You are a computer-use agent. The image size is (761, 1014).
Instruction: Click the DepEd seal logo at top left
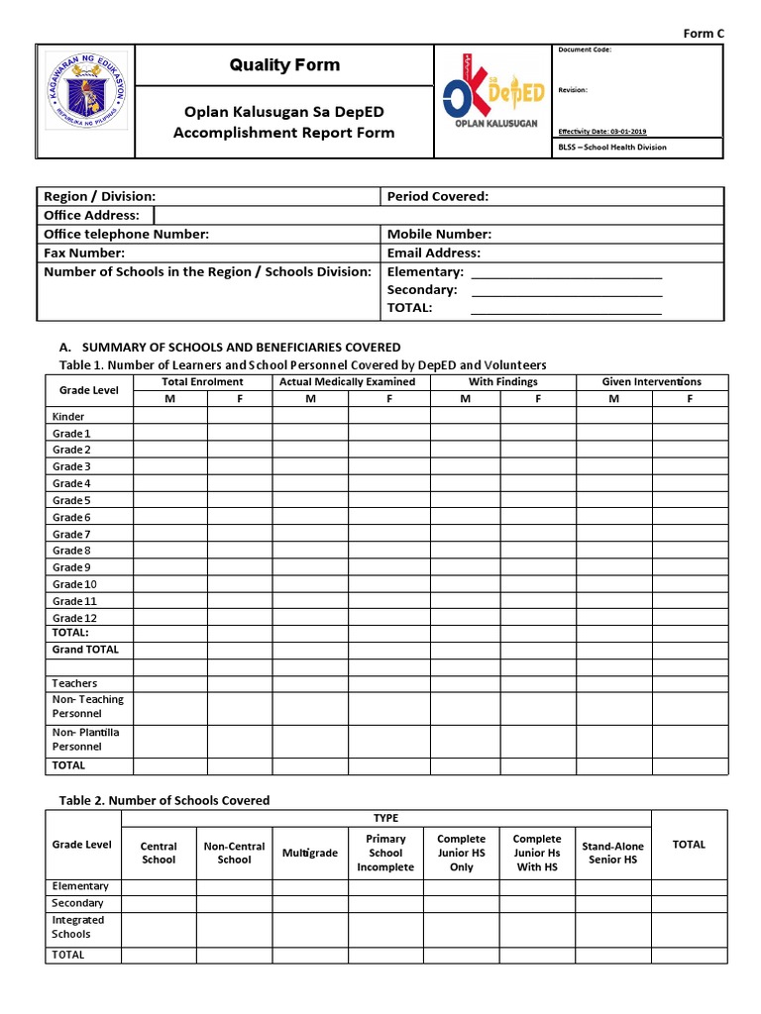(x=86, y=101)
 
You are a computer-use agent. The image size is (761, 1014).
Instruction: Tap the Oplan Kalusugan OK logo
(x=492, y=101)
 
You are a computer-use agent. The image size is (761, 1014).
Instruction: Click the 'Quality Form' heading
(x=284, y=65)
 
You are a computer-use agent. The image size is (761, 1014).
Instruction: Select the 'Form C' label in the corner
(x=705, y=33)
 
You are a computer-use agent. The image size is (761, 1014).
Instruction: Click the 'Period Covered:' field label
(x=437, y=196)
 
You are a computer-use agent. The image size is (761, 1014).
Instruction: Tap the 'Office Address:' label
(x=91, y=215)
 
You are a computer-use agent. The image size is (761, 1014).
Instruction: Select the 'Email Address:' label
(x=433, y=253)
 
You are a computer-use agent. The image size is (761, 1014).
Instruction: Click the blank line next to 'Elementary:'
(x=566, y=272)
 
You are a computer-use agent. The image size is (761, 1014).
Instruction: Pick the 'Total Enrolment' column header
(x=202, y=381)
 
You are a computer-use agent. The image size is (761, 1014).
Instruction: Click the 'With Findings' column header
(x=502, y=381)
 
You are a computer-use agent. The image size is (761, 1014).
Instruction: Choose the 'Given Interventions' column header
(x=651, y=381)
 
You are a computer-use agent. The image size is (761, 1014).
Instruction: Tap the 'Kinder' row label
(x=68, y=417)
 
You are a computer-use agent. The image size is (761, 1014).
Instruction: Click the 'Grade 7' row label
(x=71, y=534)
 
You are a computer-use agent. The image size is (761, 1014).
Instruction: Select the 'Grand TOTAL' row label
(x=85, y=650)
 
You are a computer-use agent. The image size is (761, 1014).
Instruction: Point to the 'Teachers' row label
(x=74, y=683)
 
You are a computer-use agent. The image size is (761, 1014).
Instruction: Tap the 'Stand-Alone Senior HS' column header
(x=612, y=853)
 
